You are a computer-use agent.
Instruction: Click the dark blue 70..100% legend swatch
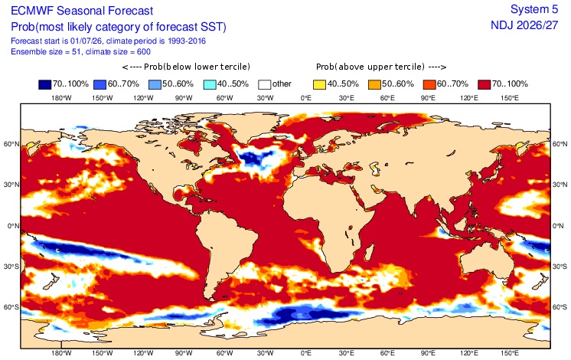[x=45, y=84]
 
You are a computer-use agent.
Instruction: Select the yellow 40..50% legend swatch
[x=319, y=84]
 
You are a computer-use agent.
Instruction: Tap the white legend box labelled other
[x=264, y=84]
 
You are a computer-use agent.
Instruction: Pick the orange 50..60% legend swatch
[x=374, y=84]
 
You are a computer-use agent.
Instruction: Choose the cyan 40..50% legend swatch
[x=210, y=84]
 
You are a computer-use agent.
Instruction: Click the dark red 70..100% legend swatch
[x=485, y=84]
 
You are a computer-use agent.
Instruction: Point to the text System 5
[x=533, y=9]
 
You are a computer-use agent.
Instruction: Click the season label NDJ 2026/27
[x=524, y=25]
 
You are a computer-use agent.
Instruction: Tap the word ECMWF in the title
[x=32, y=11]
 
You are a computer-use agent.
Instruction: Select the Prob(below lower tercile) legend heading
[x=186, y=67]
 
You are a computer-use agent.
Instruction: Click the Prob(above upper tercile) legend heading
[x=381, y=67]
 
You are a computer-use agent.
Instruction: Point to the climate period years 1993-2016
[x=187, y=41]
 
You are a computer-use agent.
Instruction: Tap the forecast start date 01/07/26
[x=87, y=41]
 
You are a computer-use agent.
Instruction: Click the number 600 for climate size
[x=143, y=52]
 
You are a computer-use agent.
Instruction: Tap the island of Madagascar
[x=369, y=252]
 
